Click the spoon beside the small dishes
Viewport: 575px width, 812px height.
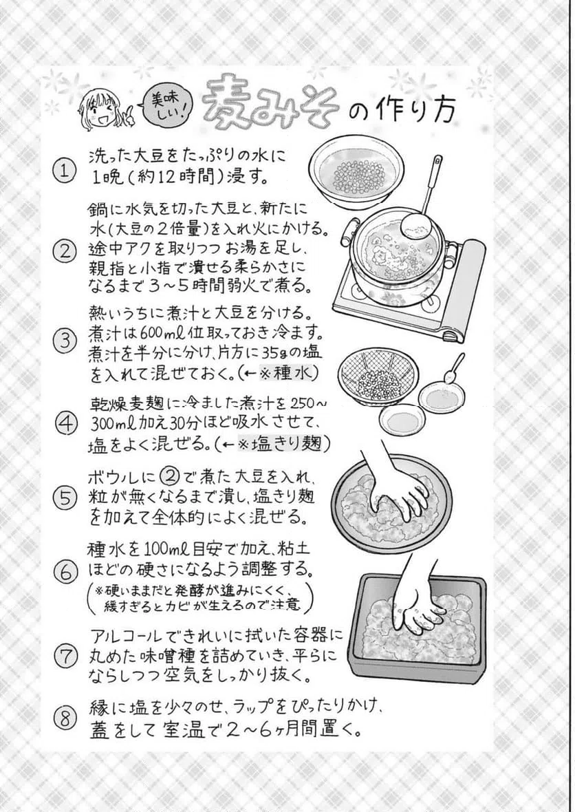point(454,370)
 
